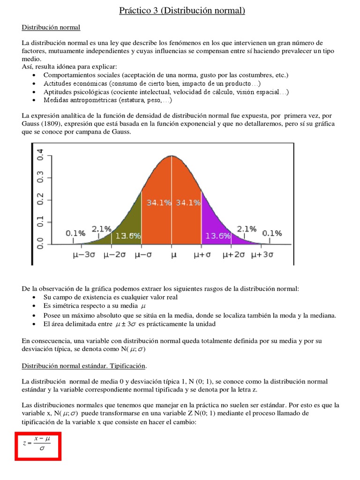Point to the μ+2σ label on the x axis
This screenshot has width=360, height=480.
[x=233, y=255]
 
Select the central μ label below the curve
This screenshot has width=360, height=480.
[x=173, y=255]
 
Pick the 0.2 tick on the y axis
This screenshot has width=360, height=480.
[x=40, y=199]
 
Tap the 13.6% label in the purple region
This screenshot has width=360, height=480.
[x=218, y=236]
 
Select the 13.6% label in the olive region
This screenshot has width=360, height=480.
[x=128, y=236]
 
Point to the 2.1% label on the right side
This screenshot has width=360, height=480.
[x=247, y=229]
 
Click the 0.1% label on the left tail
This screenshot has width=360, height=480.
[x=75, y=233]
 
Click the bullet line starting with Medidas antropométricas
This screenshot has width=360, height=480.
[x=108, y=100]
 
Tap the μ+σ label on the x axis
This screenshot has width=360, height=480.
[x=202, y=255]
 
